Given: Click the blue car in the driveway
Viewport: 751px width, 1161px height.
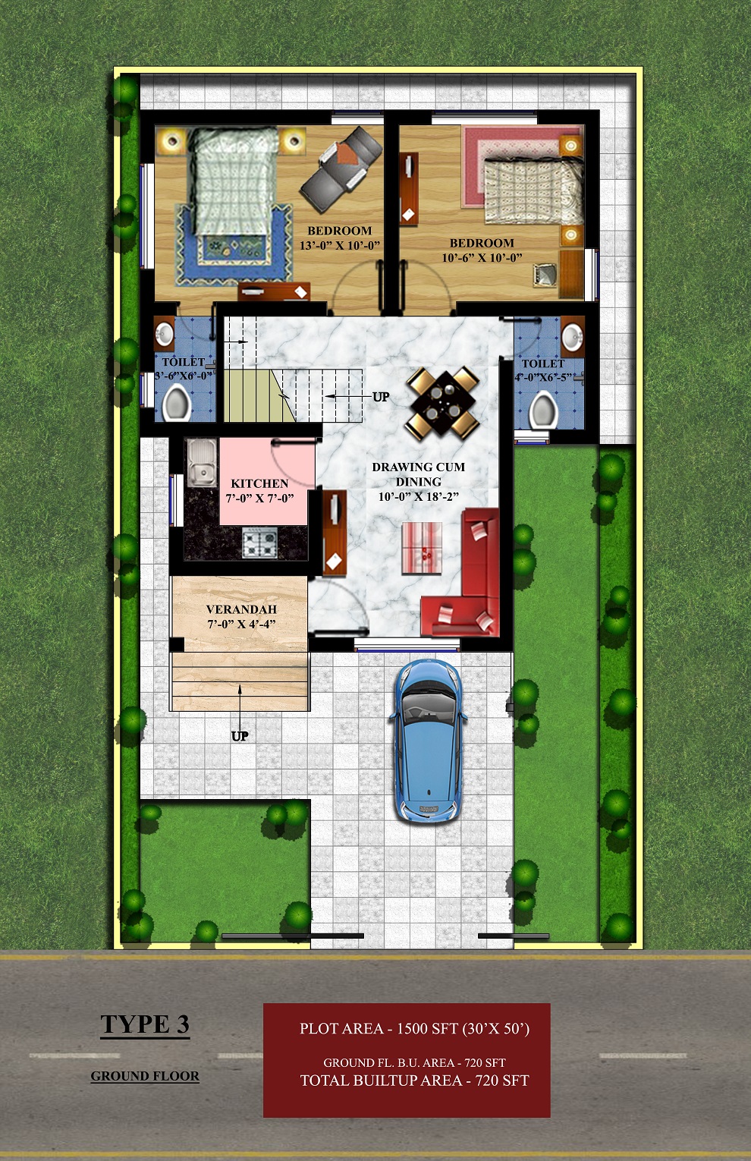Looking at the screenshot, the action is point(428,741).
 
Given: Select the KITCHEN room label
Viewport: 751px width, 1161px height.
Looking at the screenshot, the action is point(259,483).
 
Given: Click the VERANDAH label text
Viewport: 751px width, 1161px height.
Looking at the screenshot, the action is point(241,609).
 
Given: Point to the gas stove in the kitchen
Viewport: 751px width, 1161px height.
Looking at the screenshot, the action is point(259,543).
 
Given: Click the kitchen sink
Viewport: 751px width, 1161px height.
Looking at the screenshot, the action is point(202,463).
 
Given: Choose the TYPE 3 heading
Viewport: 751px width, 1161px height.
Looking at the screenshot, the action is point(145,1024).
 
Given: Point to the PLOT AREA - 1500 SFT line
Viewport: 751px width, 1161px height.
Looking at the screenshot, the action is point(415,1028).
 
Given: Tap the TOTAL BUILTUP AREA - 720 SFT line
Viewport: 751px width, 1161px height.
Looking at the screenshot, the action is point(415,1081).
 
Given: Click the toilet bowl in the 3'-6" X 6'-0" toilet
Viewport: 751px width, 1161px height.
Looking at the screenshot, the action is point(176,403).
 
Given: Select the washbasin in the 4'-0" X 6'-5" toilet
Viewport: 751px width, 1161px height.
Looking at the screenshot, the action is point(573,335).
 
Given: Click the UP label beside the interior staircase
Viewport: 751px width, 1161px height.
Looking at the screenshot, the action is point(381,397).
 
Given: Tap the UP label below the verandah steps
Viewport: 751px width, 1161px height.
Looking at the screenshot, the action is point(240,736).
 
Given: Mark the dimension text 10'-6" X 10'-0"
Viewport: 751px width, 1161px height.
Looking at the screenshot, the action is point(482,257).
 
